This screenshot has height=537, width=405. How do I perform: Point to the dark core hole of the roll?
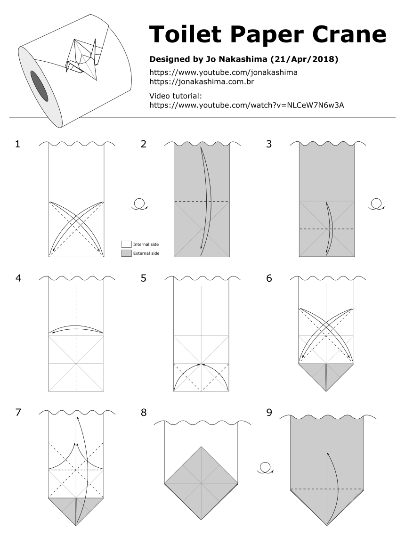click(39, 85)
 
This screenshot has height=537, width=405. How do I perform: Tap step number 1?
click(18, 144)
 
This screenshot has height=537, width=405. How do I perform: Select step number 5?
click(144, 278)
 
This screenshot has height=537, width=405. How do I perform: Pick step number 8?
click(144, 413)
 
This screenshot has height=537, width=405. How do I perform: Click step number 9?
click(269, 413)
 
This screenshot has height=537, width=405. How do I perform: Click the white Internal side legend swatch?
click(126, 244)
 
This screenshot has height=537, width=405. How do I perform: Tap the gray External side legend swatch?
click(126, 253)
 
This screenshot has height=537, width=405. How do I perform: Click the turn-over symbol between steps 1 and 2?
click(139, 204)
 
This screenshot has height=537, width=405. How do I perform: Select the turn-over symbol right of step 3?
click(377, 204)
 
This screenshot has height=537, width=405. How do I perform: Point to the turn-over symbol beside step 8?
click(265, 468)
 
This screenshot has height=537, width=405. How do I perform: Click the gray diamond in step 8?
click(201, 483)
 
